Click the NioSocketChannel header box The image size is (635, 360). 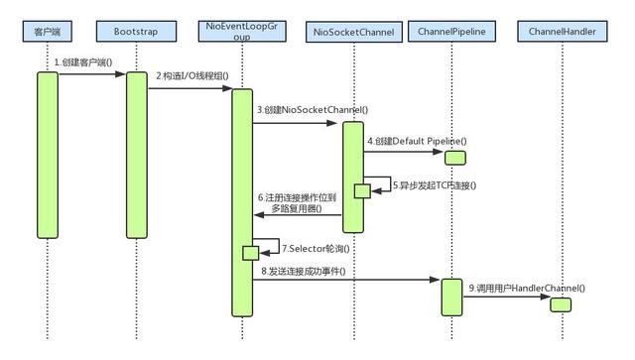353,32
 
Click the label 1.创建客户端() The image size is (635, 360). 85,62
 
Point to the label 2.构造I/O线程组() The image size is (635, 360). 190,77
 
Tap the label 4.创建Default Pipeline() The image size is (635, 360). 417,141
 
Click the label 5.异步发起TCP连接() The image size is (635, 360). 435,184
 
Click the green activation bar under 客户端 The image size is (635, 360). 47,154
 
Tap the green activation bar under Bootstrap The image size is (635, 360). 137,154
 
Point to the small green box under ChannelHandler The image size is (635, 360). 561,303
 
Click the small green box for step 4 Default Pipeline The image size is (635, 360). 454,157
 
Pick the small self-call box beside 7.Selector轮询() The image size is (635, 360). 251,253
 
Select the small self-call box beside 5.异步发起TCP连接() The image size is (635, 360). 362,190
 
